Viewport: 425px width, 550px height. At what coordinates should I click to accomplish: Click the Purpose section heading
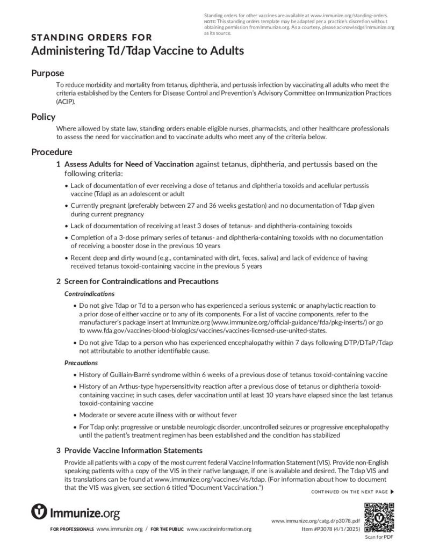click(x=47, y=73)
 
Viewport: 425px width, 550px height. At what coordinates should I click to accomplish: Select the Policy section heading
click(x=43, y=117)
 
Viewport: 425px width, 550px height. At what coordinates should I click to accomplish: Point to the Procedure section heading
click(x=52, y=152)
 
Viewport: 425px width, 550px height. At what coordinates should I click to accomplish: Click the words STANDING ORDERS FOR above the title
click(x=91, y=38)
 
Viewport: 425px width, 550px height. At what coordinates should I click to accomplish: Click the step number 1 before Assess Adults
click(x=58, y=164)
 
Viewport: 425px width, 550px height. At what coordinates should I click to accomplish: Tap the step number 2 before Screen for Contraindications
click(x=58, y=281)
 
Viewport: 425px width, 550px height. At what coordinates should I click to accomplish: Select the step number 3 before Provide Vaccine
click(x=58, y=450)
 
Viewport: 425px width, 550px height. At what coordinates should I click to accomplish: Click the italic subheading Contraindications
click(x=89, y=294)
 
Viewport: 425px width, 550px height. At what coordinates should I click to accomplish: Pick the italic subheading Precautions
click(x=81, y=363)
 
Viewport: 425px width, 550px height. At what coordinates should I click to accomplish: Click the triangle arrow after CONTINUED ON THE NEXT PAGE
click(x=392, y=491)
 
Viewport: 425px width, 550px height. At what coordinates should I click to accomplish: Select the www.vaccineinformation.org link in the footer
click(x=219, y=529)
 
